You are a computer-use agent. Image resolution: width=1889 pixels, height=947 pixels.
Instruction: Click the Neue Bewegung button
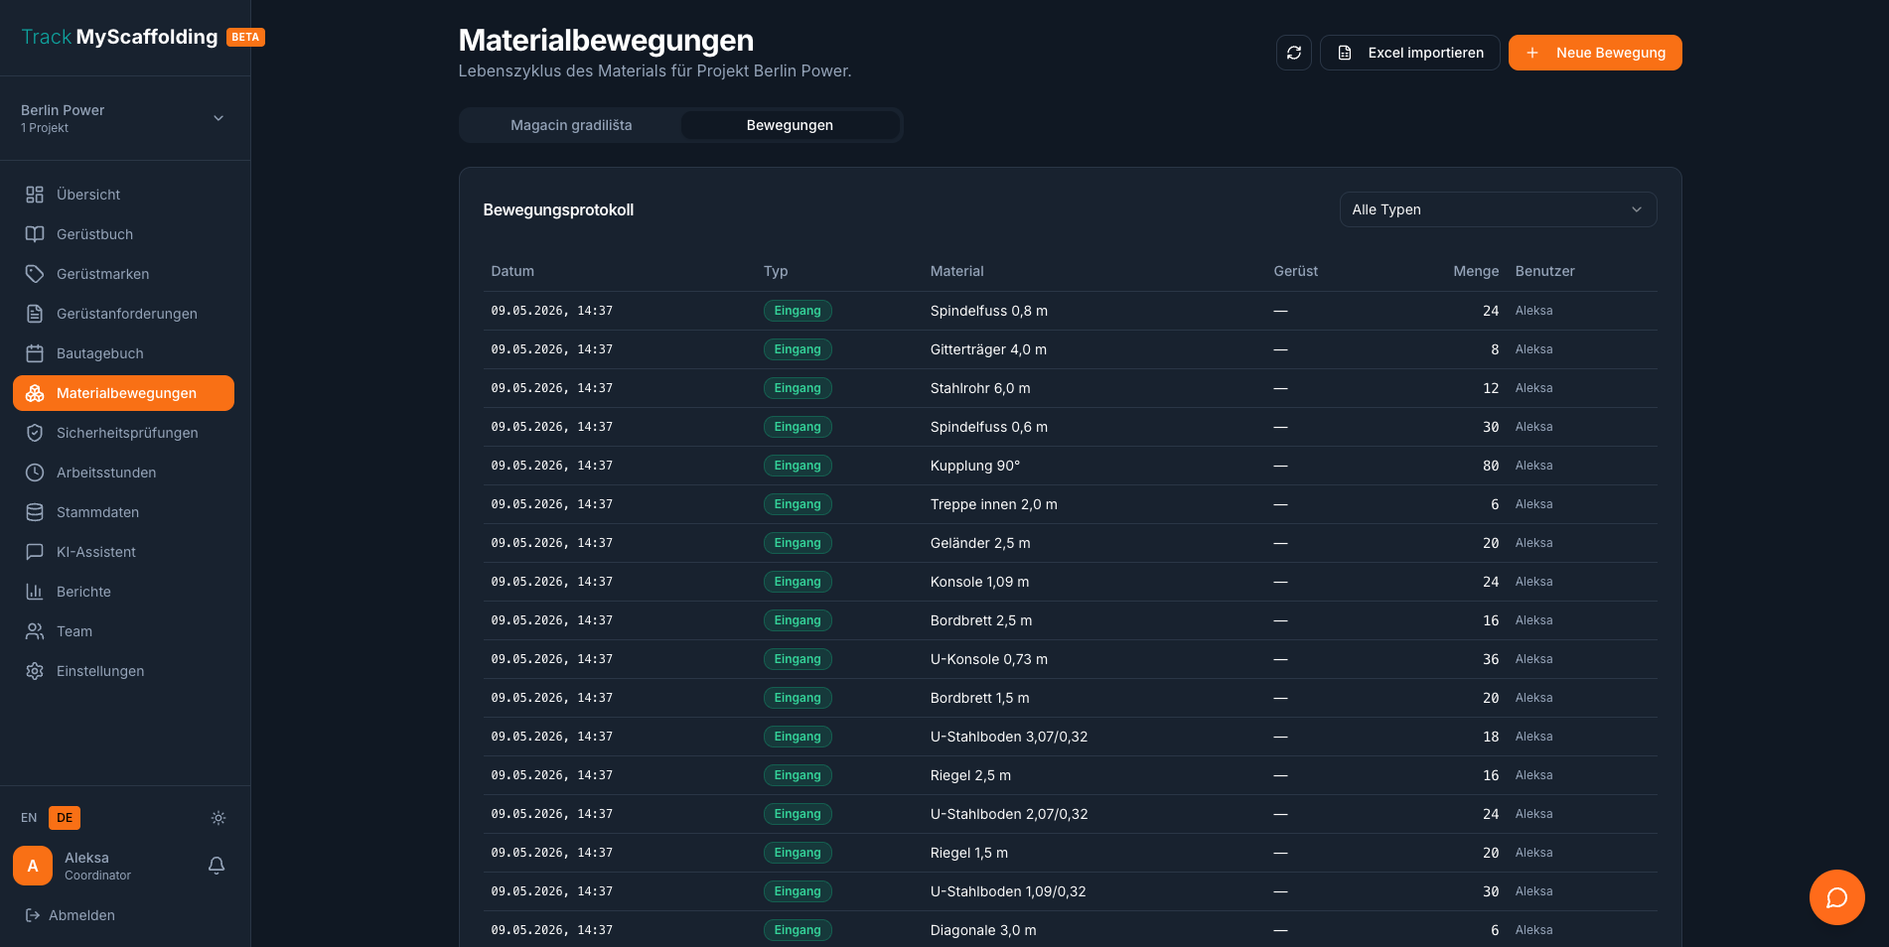click(x=1595, y=53)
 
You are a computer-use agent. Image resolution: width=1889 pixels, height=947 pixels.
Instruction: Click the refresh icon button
click(x=1294, y=53)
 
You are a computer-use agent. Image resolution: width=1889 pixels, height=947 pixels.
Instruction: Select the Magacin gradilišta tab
click(x=571, y=125)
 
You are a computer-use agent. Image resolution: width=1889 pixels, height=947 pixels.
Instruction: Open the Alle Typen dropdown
click(x=1498, y=209)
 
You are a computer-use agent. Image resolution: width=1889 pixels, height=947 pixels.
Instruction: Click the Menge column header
click(x=1476, y=271)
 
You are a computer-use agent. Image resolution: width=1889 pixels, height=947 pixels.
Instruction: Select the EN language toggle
click(x=29, y=818)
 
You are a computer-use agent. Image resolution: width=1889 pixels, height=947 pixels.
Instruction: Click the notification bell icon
click(x=217, y=866)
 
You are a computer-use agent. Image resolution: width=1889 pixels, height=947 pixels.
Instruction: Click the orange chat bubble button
click(x=1836, y=897)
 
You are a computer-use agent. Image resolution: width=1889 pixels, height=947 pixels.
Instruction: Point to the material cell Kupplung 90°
click(x=975, y=466)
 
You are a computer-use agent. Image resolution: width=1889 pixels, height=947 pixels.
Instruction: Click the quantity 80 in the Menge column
click(x=1491, y=466)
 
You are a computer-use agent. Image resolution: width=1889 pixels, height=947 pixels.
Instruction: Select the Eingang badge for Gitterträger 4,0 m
click(x=798, y=349)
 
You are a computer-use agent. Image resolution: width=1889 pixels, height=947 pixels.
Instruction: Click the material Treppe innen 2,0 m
click(x=993, y=504)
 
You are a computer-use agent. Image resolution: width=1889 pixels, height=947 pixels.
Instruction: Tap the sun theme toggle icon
click(x=218, y=818)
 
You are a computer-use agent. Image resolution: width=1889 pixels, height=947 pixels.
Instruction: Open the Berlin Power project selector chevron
click(x=218, y=118)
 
